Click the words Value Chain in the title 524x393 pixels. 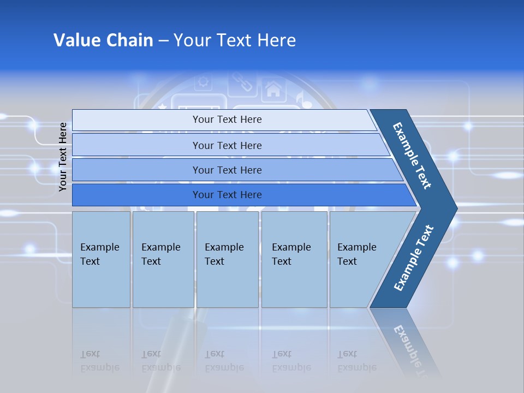point(103,40)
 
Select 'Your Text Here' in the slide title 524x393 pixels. point(235,40)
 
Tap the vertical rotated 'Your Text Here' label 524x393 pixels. point(63,157)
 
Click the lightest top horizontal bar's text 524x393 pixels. point(227,120)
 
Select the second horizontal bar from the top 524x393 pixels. point(227,145)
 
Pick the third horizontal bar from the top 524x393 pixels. point(227,170)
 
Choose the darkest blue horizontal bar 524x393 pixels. point(227,195)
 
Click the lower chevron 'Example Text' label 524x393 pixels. point(414,258)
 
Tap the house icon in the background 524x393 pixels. point(272,88)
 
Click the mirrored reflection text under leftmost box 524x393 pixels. point(100,361)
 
